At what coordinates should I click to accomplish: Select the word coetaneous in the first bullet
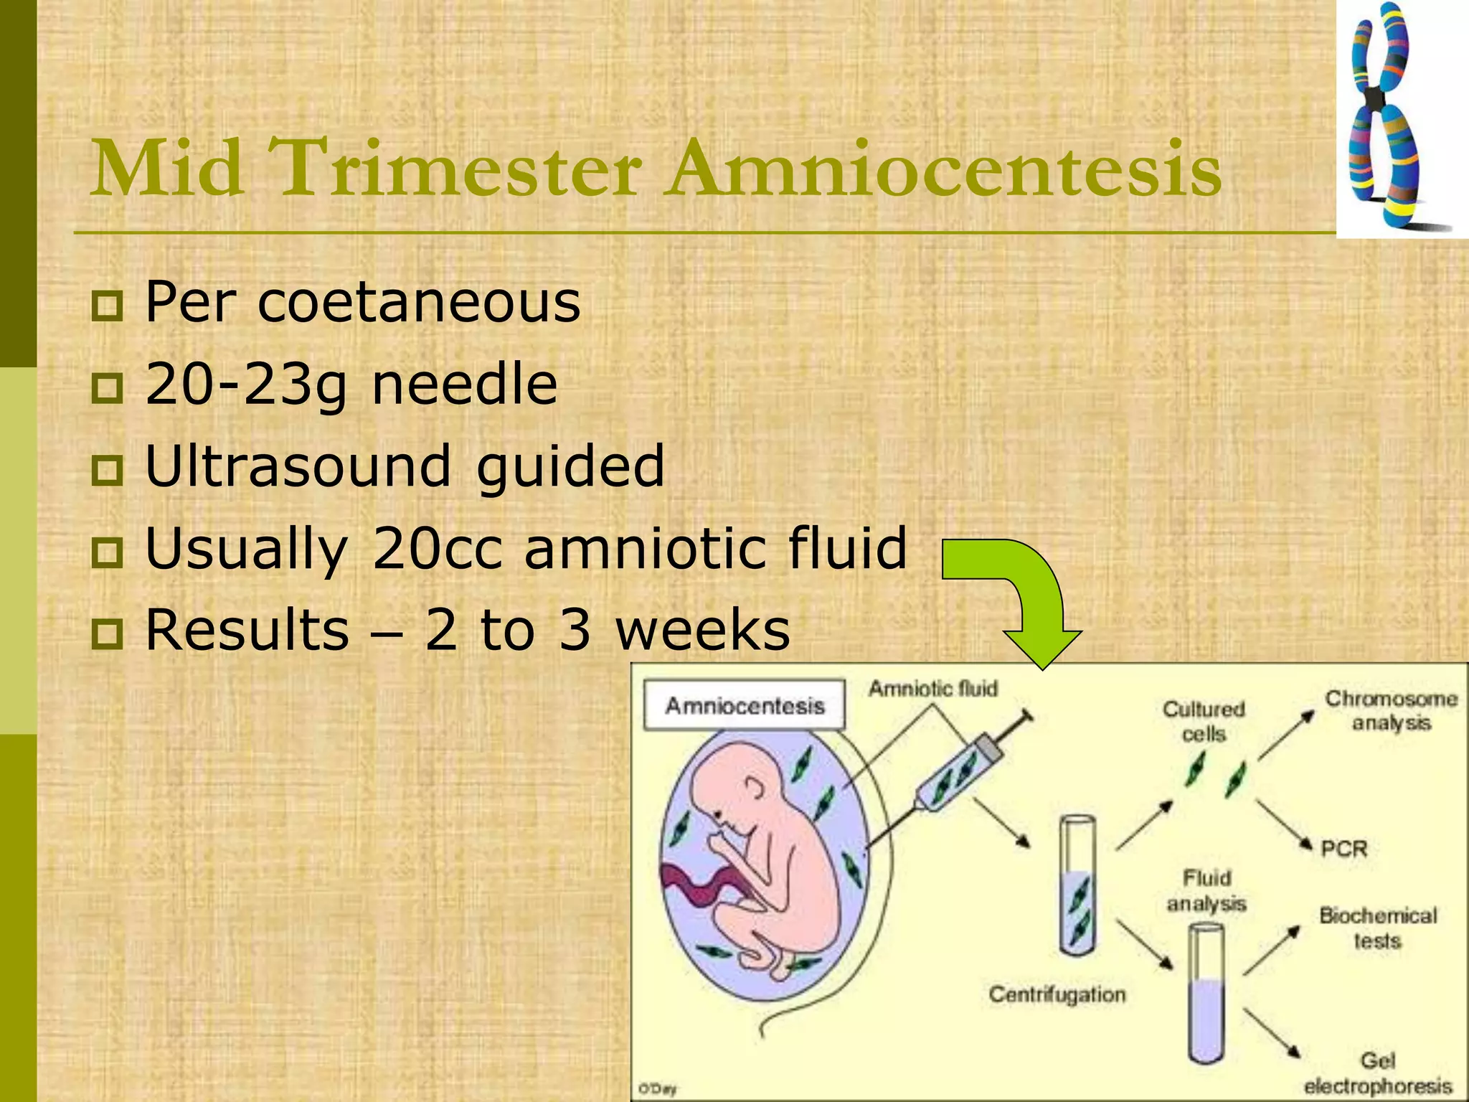click(x=419, y=302)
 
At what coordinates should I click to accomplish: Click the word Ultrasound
click(x=298, y=466)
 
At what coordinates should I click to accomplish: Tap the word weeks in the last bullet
click(x=703, y=630)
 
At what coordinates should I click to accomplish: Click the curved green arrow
click(x=1019, y=595)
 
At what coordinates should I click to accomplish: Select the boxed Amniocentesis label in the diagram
click(x=745, y=706)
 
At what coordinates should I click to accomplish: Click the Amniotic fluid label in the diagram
click(x=933, y=689)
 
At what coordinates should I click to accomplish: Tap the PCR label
click(x=1344, y=849)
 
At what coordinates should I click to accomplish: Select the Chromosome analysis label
click(x=1391, y=710)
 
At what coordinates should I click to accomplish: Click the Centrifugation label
click(x=1057, y=994)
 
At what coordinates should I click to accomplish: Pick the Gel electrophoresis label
click(x=1377, y=1073)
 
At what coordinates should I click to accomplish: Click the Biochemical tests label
click(x=1378, y=928)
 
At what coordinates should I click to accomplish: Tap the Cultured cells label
click(x=1204, y=722)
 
